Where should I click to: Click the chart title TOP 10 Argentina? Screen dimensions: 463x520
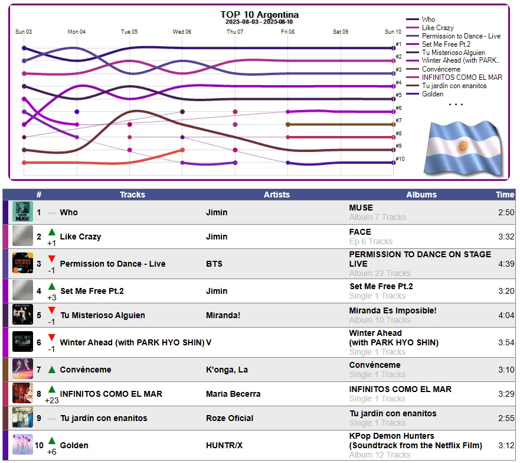259,15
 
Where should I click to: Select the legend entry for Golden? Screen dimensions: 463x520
433,94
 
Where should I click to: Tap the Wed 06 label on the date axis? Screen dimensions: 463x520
182,32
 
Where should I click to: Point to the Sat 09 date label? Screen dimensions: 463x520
341,32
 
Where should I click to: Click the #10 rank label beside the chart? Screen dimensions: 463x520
400,159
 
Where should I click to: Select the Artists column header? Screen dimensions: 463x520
277,195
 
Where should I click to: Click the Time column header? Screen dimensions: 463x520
505,195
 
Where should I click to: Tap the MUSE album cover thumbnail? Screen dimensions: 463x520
22,212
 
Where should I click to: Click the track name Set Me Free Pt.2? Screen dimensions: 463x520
91,291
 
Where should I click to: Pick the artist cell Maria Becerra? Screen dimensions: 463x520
233,394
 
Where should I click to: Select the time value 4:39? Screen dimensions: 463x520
506,264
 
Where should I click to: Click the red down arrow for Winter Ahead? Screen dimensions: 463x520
51,338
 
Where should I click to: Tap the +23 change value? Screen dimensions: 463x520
51,400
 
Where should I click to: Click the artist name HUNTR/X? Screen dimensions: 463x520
224,445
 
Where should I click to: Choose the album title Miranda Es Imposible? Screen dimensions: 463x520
393,310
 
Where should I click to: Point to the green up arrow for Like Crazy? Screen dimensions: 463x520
51,232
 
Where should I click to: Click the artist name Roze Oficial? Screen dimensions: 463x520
230,418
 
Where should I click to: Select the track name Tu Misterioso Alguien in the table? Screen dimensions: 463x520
102,315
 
